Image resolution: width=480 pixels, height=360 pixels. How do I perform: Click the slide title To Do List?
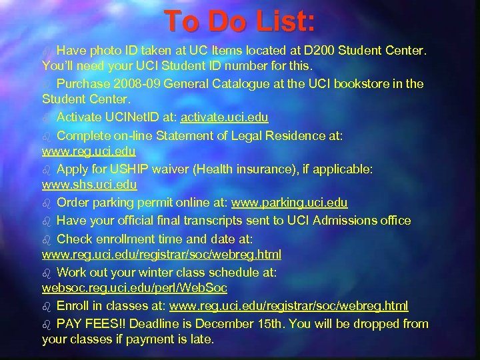(240, 21)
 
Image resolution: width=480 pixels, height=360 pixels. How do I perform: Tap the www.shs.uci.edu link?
(89, 185)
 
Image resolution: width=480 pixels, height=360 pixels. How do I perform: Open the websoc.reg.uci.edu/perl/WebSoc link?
(135, 289)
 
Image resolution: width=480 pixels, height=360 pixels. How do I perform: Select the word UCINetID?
(122, 117)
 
